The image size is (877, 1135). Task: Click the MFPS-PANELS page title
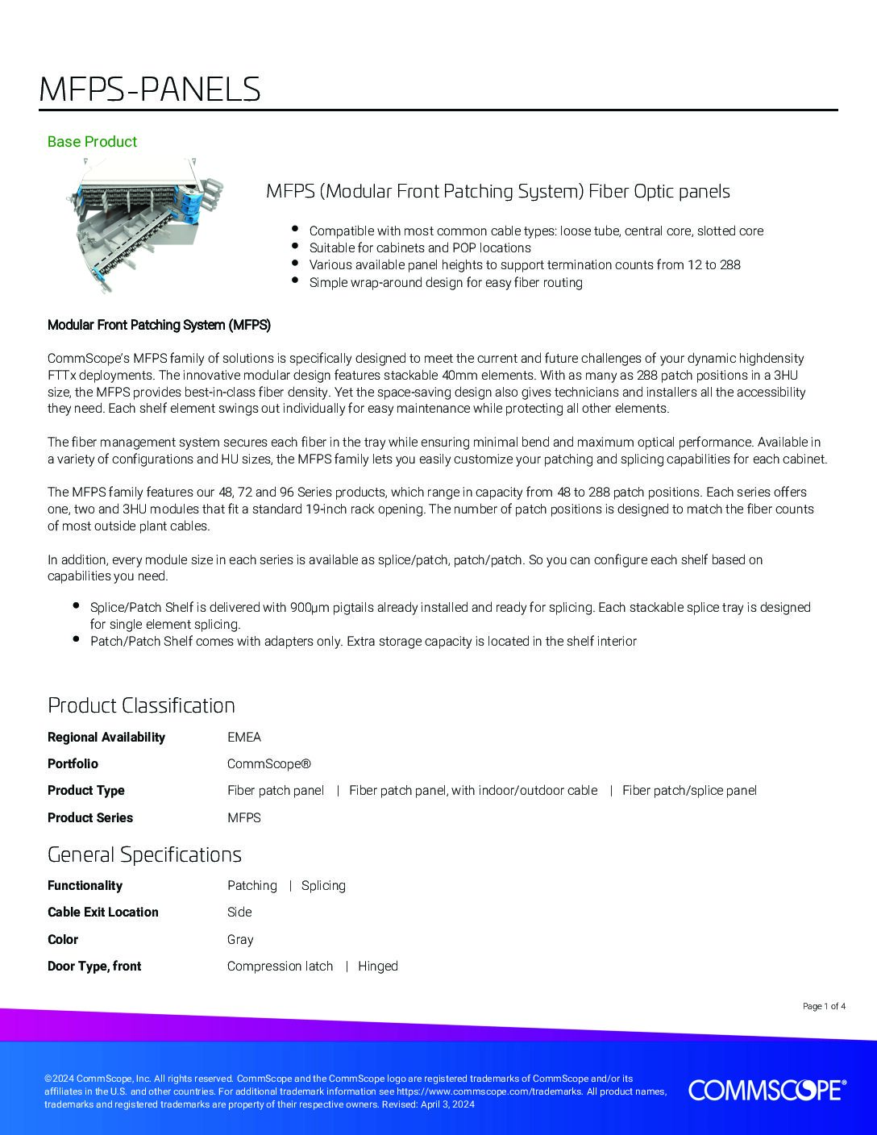(x=150, y=89)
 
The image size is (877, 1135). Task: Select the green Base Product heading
(x=92, y=142)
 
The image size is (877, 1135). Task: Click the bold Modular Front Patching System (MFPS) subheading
(x=159, y=325)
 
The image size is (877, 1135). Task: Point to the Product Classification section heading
(x=141, y=705)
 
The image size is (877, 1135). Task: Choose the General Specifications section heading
(x=144, y=854)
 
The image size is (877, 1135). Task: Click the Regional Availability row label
(x=106, y=737)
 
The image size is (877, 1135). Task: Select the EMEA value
(x=244, y=737)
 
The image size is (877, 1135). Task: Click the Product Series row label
(x=90, y=817)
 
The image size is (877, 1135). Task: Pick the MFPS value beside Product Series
(x=244, y=817)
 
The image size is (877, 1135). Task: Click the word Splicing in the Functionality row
(x=323, y=885)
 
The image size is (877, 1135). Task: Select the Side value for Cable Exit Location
(x=239, y=912)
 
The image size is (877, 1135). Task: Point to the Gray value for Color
(x=240, y=939)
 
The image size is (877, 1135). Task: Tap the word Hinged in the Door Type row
(x=378, y=966)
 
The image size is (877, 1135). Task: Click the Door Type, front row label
(x=94, y=966)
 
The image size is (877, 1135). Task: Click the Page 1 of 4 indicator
(x=824, y=1006)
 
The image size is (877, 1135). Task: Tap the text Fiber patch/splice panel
(x=689, y=790)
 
